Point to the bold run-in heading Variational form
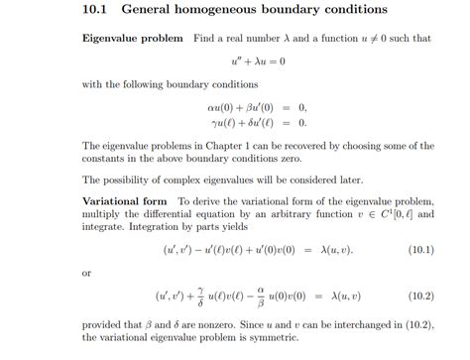[x=127, y=200]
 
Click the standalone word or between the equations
[x=87, y=272]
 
